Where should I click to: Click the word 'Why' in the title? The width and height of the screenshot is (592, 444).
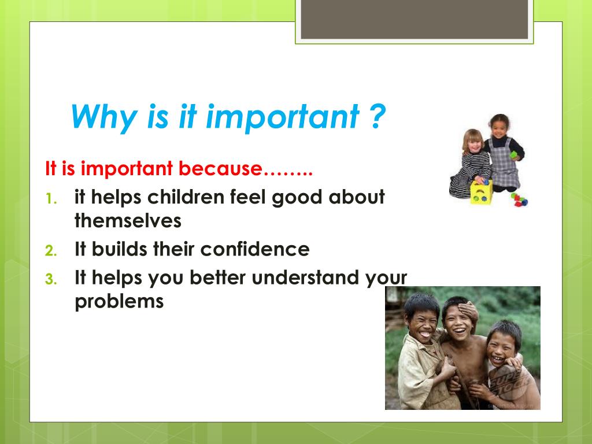(104, 116)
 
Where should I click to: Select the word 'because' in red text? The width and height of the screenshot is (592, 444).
(220, 168)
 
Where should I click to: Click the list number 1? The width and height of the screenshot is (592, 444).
(51, 198)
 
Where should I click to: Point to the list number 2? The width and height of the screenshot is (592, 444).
(51, 251)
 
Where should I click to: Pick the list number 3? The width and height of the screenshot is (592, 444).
(51, 279)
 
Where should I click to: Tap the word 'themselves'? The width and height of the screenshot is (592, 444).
(128, 220)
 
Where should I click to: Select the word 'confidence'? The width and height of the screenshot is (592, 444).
(255, 249)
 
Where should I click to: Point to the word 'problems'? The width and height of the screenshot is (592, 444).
(119, 301)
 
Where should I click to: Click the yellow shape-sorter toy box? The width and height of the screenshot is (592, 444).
(481, 192)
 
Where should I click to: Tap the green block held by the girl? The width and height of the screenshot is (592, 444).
(513, 154)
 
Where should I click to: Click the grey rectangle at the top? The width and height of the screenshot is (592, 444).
(414, 19)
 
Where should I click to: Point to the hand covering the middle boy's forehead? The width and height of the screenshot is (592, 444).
(467, 310)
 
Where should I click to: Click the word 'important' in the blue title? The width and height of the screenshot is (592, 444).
(282, 117)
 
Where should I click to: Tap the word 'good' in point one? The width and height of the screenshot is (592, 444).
(297, 198)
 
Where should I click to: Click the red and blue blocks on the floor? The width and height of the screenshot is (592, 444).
(519, 199)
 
